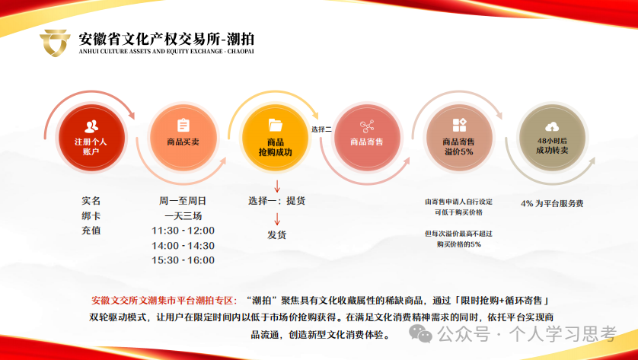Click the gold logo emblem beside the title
point(56,43)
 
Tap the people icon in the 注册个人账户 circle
point(91,126)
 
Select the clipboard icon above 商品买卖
point(183,126)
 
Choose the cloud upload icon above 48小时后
point(552,126)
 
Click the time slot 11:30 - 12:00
point(183,231)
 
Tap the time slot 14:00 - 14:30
point(183,246)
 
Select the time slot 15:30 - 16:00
point(183,260)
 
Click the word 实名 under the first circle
point(91,201)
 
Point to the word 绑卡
point(91,215)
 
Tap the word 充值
point(91,230)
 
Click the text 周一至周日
point(183,201)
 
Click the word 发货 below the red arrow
point(277,234)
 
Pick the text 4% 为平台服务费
point(552,204)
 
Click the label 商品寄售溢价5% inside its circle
point(459,147)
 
